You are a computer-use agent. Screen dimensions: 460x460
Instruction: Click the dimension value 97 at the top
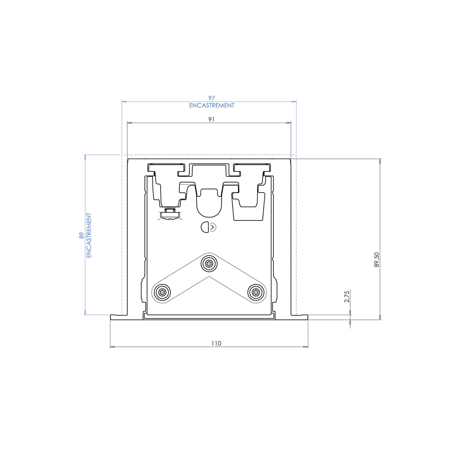212,98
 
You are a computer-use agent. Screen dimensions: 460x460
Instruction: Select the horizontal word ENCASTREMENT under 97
212,105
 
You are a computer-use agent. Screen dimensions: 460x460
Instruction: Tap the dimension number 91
211,119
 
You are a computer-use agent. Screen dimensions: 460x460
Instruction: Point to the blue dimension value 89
82,236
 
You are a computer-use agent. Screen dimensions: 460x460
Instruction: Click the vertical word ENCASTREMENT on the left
89,235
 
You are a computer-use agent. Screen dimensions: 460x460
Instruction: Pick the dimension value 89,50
377,259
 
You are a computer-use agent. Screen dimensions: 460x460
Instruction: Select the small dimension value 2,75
347,297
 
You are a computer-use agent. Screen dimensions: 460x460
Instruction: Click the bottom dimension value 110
216,343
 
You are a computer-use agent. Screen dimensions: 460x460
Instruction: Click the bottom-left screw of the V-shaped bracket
162,293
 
